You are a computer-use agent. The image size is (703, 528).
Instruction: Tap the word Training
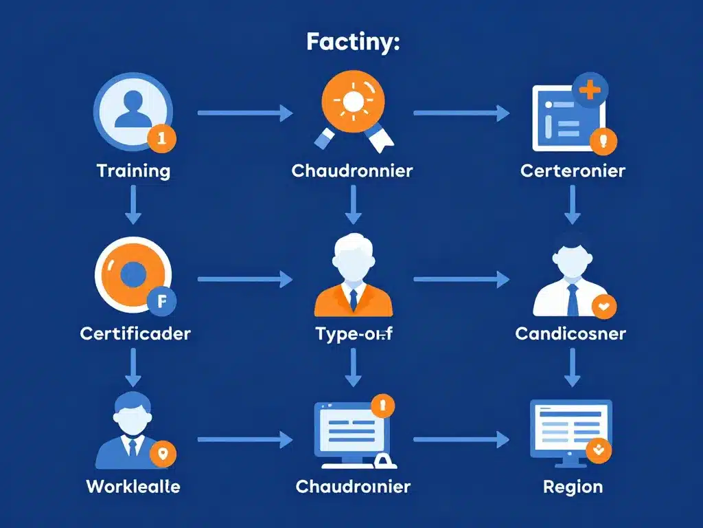[133, 170]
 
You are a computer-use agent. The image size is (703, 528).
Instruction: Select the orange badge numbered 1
[162, 137]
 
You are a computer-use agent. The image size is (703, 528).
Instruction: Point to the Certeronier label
[573, 170]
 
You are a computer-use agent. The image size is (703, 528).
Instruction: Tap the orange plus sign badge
[590, 90]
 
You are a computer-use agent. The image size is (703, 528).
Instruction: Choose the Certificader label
[135, 334]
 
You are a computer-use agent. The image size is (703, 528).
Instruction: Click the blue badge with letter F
[162, 300]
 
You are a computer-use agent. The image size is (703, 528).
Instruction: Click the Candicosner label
[571, 334]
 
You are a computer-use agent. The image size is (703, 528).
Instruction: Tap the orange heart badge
[604, 307]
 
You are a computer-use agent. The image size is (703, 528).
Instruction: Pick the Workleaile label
[133, 487]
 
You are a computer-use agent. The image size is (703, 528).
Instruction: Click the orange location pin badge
[163, 454]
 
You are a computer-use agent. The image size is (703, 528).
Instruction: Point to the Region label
[573, 487]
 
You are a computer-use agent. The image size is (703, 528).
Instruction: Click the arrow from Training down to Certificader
[133, 206]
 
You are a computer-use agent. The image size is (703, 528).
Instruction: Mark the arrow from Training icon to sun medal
[245, 113]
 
